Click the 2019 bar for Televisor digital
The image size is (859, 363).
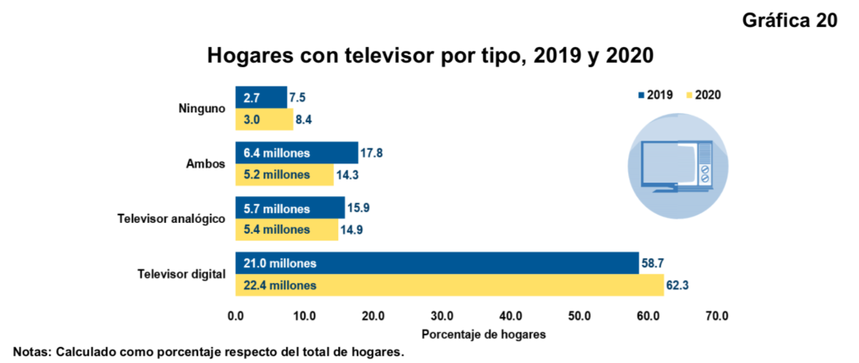point(436,263)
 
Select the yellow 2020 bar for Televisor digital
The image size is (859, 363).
point(450,286)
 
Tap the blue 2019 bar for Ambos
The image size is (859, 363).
point(296,153)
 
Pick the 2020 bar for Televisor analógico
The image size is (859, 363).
point(286,230)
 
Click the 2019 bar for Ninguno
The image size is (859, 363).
point(261,97)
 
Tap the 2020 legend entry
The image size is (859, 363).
point(703,95)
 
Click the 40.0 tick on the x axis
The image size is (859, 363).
point(511,316)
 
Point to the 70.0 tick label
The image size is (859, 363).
point(717,316)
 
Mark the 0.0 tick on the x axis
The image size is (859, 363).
point(236,316)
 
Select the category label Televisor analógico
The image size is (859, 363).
point(170,219)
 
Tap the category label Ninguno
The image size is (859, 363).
point(201,108)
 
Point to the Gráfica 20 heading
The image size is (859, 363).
point(789,21)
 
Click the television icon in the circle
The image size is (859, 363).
point(676,165)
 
